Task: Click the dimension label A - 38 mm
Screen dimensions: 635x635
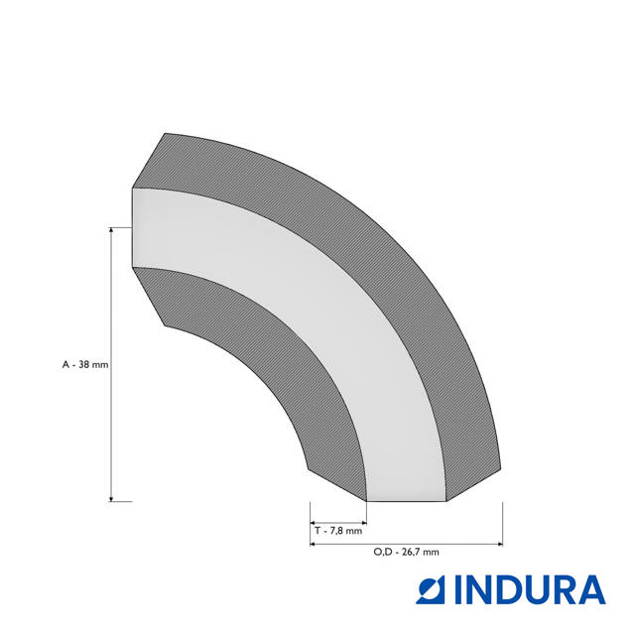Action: coord(85,364)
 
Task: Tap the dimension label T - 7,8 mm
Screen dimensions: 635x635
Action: coord(338,531)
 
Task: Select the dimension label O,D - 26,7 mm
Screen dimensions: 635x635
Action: coord(406,552)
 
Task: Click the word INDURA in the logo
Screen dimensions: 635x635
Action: coord(530,590)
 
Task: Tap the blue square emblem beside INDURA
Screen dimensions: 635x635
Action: coord(430,590)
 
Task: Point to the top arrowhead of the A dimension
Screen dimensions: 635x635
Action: coord(111,230)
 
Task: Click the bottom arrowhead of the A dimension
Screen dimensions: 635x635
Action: coord(111,498)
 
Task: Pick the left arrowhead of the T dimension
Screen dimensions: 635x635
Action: coord(314,523)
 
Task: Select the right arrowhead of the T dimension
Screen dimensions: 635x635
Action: coord(364,523)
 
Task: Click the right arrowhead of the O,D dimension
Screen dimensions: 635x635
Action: coord(499,544)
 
